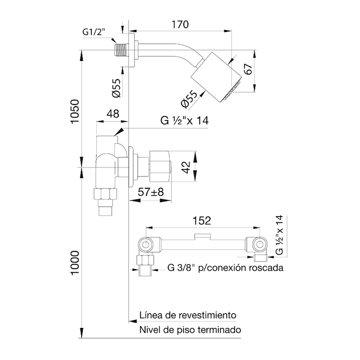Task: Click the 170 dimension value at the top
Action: [180, 24]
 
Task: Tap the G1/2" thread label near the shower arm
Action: [94, 32]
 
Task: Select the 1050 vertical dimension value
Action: [75, 111]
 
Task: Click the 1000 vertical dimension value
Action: [75, 262]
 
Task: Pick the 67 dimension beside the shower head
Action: [249, 69]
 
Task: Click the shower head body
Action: [216, 77]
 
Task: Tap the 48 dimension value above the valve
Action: [113, 114]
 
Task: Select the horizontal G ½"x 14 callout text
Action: [184, 120]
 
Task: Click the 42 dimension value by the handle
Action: [186, 167]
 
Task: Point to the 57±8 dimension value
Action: [150, 192]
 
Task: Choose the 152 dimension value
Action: [201, 221]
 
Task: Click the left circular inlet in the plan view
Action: [145, 245]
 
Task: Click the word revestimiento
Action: [207, 315]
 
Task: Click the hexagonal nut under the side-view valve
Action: [105, 194]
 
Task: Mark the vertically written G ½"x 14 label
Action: [279, 235]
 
